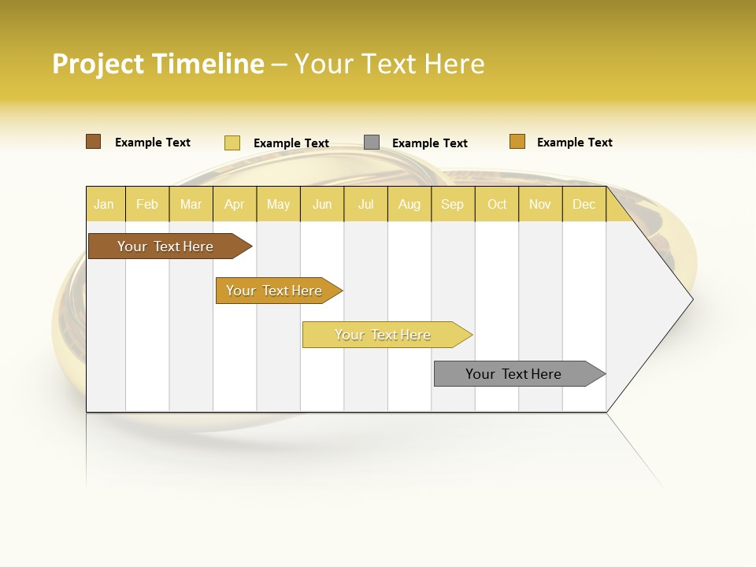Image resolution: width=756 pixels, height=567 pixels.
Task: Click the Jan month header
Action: tap(104, 204)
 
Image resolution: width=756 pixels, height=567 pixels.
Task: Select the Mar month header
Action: tap(191, 204)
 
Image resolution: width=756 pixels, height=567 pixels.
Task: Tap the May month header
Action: tap(278, 204)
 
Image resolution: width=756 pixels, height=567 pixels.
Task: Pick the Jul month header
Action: tap(365, 204)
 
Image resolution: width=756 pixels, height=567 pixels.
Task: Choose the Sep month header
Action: tap(452, 204)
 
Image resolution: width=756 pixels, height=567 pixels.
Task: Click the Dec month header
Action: tap(584, 204)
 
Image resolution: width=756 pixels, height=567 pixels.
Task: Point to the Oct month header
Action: tap(497, 204)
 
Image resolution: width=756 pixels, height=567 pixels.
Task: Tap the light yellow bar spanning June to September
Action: tap(384, 335)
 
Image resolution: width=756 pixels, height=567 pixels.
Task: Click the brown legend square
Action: tap(94, 142)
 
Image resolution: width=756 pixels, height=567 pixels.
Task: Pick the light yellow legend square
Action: tap(232, 143)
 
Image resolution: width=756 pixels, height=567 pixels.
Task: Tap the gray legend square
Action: tap(372, 143)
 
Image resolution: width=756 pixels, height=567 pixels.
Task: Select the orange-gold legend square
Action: tap(517, 142)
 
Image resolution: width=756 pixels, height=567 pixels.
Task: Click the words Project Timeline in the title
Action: tap(158, 64)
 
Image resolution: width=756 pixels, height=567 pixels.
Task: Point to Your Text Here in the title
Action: tap(389, 64)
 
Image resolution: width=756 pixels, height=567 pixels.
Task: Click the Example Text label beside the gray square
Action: tap(430, 143)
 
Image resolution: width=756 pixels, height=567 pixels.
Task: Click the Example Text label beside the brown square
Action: tap(153, 143)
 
